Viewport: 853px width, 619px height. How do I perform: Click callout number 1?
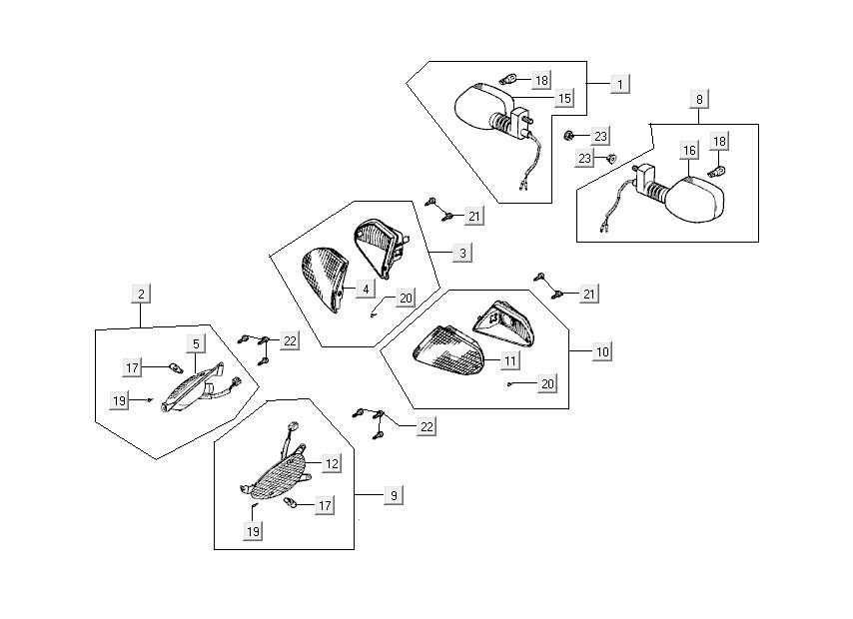click(621, 84)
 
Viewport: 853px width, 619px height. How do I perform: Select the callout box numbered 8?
click(699, 99)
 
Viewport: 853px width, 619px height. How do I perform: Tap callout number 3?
click(463, 254)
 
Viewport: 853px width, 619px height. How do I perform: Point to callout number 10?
click(602, 352)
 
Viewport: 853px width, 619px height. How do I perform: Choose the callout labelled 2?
click(142, 294)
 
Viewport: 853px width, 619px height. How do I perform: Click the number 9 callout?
click(394, 495)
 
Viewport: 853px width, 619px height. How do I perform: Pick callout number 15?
click(564, 99)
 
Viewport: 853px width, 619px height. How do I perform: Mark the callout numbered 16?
click(689, 151)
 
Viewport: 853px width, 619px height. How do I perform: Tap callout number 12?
click(332, 464)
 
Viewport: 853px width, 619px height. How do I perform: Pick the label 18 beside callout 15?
click(541, 80)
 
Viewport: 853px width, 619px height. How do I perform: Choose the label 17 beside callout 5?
click(132, 368)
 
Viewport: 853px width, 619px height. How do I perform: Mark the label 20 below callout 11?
click(546, 383)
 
